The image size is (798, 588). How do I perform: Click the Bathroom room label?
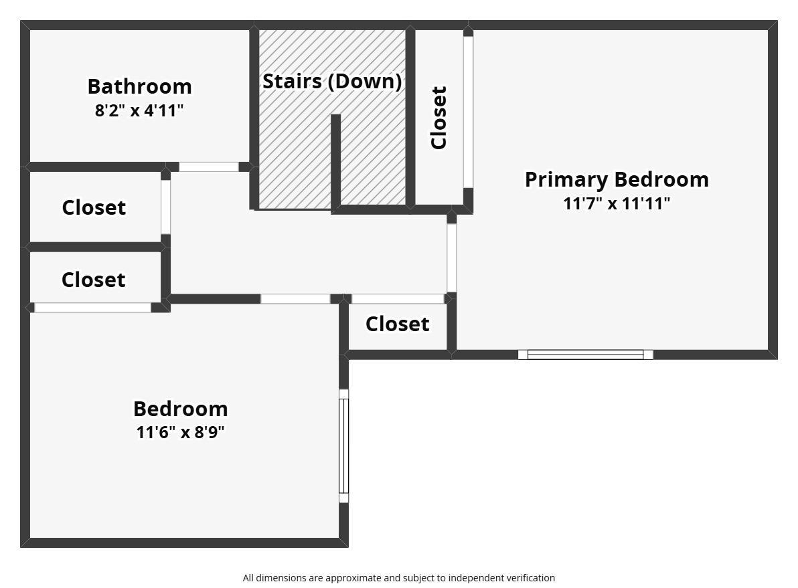(x=139, y=86)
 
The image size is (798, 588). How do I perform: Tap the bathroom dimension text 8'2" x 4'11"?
(x=139, y=110)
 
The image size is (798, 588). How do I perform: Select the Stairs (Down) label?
(x=332, y=82)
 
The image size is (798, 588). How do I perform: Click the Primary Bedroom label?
(x=617, y=179)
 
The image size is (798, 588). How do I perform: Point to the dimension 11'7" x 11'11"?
(x=617, y=203)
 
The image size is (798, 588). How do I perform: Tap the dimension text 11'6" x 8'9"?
(x=180, y=432)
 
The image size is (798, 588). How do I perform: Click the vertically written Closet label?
(x=438, y=118)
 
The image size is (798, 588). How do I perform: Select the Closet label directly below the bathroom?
(x=94, y=207)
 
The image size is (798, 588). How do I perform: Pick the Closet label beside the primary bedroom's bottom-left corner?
(x=398, y=324)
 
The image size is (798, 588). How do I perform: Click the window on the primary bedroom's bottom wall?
(x=585, y=355)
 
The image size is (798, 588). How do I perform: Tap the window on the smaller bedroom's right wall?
(x=344, y=446)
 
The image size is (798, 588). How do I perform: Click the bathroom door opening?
(x=209, y=167)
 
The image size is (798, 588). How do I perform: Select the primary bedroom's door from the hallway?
(x=451, y=258)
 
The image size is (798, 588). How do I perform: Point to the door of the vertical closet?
(x=468, y=112)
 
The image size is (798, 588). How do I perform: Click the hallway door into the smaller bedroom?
(x=296, y=299)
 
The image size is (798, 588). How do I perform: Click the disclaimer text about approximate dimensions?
(x=398, y=578)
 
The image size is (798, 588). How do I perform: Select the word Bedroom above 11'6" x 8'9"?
(x=180, y=409)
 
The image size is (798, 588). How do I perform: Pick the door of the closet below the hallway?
(x=398, y=299)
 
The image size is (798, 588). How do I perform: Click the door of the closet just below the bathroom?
(x=166, y=207)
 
